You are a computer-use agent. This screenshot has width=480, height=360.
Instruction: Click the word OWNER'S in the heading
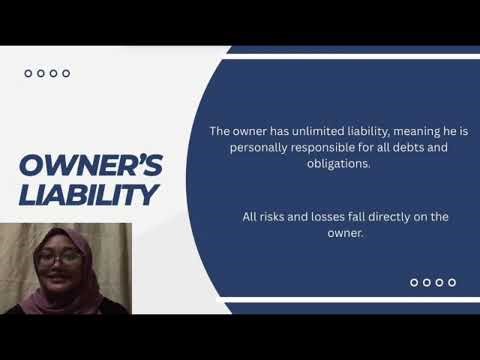pos(86,165)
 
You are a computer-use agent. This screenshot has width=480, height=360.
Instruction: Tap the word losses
pos(326,216)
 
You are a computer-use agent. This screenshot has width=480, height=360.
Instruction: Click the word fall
pos(358,216)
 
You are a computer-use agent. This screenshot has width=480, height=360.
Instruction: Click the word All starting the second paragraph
pos(250,216)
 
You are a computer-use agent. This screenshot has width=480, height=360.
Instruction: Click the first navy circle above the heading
pos(28,73)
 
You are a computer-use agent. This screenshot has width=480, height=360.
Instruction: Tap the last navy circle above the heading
pos(66,73)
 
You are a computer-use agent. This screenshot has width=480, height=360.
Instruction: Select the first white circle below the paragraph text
pos(414,283)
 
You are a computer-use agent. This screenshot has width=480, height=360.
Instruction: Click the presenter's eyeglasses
pos(62,259)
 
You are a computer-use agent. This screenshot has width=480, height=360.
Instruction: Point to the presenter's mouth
pos(56,278)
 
